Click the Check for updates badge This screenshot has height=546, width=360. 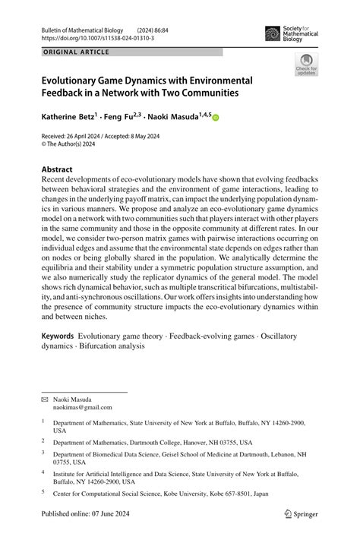[x=306, y=65]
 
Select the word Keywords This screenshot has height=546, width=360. [x=58, y=336]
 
